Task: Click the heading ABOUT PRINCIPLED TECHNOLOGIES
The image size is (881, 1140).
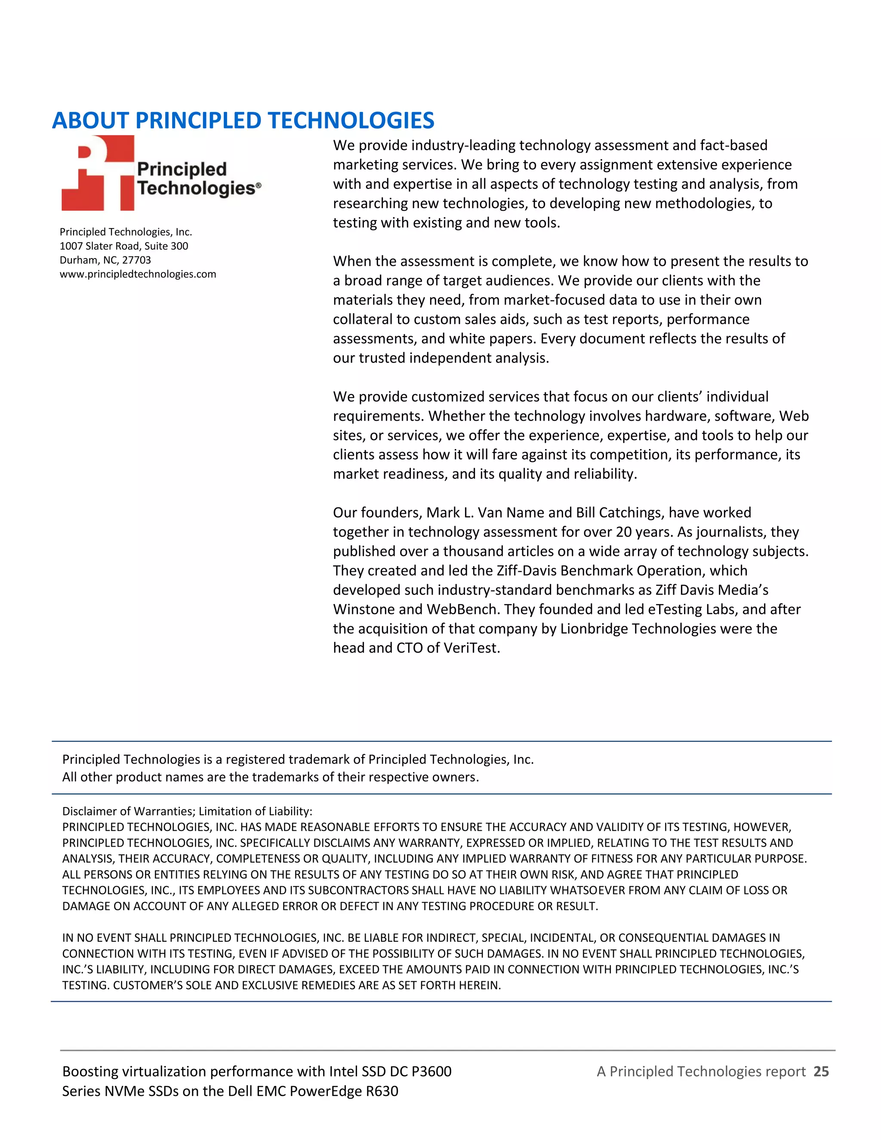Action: [x=243, y=120]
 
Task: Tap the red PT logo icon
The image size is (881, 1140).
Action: [x=98, y=174]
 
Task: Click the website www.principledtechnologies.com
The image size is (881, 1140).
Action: [x=138, y=274]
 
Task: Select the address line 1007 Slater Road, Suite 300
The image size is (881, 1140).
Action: [x=124, y=246]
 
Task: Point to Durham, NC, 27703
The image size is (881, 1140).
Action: [x=105, y=260]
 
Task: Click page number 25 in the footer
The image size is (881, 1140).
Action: [x=821, y=1072]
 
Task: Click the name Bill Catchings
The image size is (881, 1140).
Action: [x=619, y=513]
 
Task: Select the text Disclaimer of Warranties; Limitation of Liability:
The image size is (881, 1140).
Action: [x=187, y=812]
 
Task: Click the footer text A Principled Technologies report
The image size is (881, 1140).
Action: [x=701, y=1072]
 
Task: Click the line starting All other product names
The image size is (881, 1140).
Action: [x=270, y=777]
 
